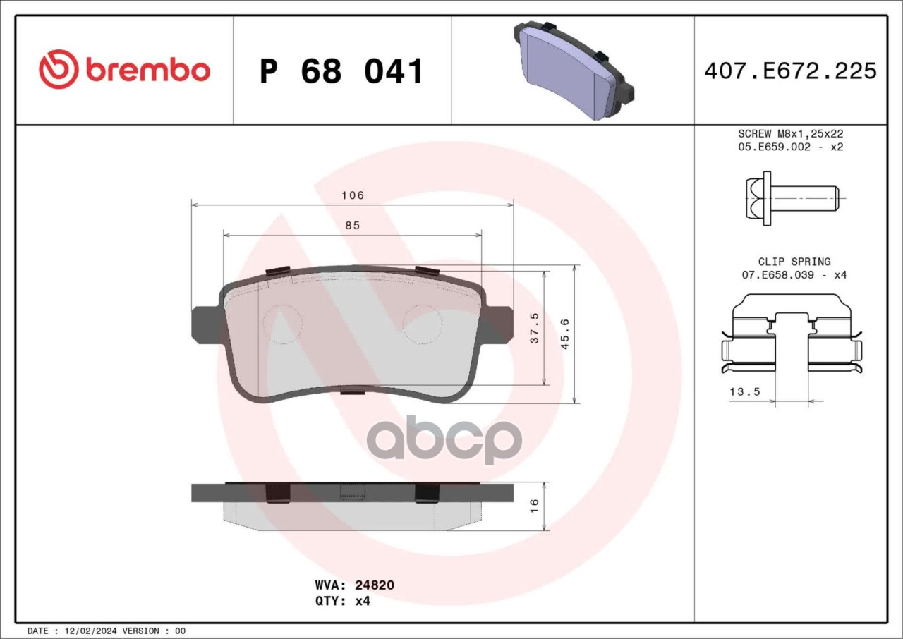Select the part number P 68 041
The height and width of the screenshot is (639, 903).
click(x=341, y=71)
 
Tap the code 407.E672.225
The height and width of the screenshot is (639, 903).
click(x=791, y=71)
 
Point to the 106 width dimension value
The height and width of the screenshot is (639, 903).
click(x=353, y=195)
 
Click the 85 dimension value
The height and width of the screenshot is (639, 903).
click(x=352, y=226)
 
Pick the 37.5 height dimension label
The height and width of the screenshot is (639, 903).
click(x=535, y=328)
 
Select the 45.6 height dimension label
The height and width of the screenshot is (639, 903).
click(x=565, y=334)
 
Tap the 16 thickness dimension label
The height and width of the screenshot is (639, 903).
click(x=534, y=506)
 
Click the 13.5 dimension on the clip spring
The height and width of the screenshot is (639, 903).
click(x=744, y=391)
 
